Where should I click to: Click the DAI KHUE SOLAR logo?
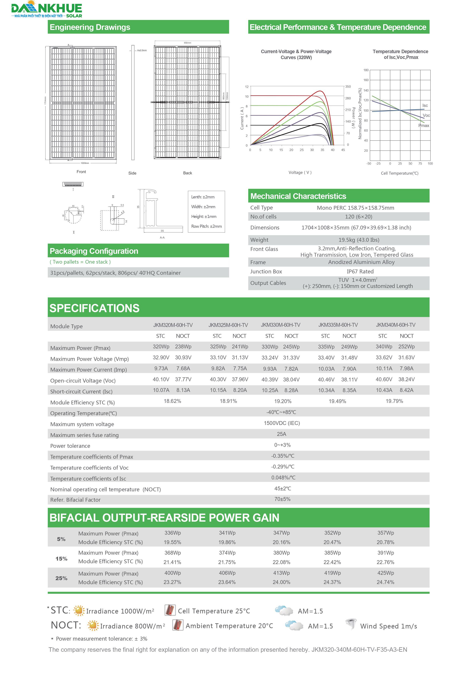pos(47,10)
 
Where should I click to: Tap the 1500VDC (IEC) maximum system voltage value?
pos(282,423)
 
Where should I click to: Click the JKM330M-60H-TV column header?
pos(280,325)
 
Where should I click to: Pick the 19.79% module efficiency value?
pos(394,401)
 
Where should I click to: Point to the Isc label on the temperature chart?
pos(425,106)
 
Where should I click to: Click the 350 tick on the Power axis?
pos(348,87)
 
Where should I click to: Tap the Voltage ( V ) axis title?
pos(300,172)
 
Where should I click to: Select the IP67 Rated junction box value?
pos(360,271)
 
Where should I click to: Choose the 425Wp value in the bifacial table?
pos(385,573)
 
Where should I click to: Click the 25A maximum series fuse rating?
pos(281,434)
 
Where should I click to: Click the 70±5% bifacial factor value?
pos(282,499)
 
